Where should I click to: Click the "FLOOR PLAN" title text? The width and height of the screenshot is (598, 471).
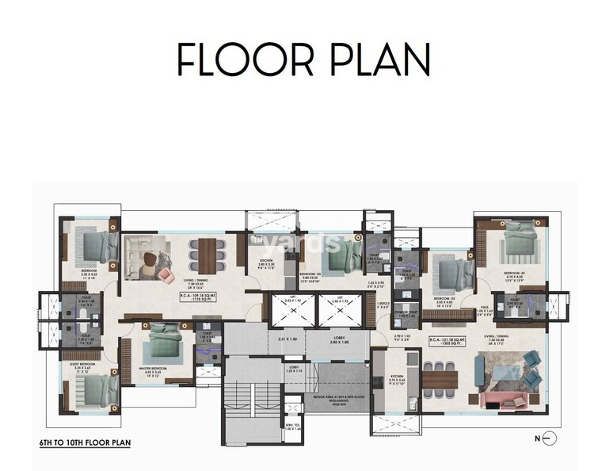pyautogui.click(x=303, y=59)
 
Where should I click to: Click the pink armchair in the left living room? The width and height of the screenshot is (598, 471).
pyautogui.click(x=166, y=274)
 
